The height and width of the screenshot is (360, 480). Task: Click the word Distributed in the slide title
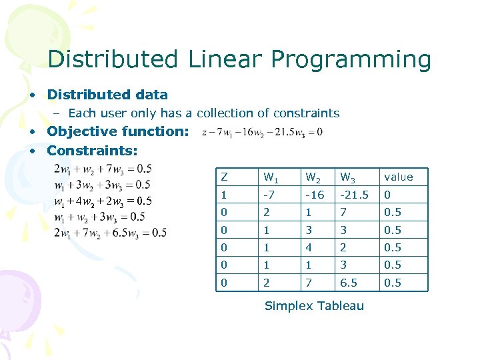[x=112, y=59]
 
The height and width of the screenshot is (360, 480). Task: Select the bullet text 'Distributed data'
[x=107, y=95]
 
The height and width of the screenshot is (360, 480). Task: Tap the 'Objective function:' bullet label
[x=118, y=131]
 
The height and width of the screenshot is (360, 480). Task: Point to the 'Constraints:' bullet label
[x=92, y=151]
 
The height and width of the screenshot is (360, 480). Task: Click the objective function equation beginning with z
[x=261, y=132]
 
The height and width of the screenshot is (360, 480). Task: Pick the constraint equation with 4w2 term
[x=103, y=201]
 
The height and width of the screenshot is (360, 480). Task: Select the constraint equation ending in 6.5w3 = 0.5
[x=110, y=233]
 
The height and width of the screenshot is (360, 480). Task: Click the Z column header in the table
[x=224, y=177]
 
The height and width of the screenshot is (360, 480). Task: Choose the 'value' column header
[x=398, y=177]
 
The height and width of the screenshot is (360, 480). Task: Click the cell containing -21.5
[x=353, y=195]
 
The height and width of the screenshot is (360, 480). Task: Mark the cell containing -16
[x=314, y=195]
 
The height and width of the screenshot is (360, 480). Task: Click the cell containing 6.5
[x=349, y=283]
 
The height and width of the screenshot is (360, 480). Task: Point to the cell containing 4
[x=308, y=247]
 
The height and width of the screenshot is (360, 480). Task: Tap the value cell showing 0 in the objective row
[x=387, y=195]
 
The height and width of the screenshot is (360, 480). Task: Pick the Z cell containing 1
[x=224, y=195]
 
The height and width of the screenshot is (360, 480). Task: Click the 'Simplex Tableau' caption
[x=314, y=306]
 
